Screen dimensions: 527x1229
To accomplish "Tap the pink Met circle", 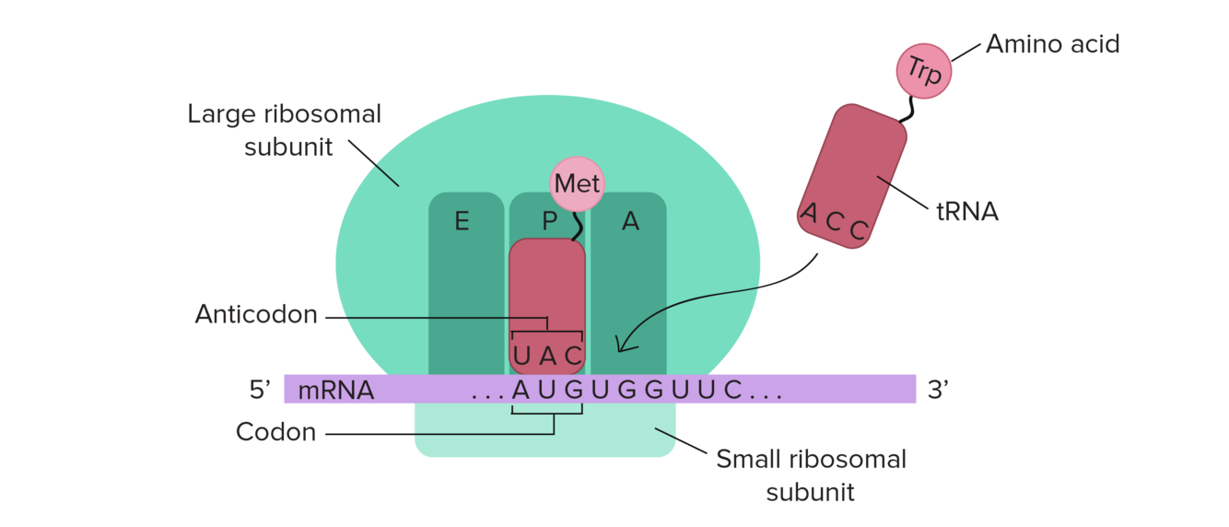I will point(578,184).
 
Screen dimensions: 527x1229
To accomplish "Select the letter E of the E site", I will point(461,221).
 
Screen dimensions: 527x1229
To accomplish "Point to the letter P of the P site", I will point(549,221).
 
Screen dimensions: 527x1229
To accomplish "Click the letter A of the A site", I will point(630,221).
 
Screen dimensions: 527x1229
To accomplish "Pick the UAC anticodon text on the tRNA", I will point(548,355).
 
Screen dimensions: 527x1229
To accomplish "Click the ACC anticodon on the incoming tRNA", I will point(834,222).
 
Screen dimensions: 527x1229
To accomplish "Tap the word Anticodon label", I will point(256,315).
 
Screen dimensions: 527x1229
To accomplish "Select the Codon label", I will point(275,431).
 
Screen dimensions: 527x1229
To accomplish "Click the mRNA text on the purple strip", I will point(335,390).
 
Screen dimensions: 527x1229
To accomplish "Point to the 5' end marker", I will point(258,390).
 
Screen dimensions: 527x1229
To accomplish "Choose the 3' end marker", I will point(938,390).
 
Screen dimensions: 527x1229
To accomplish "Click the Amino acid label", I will point(1052,43).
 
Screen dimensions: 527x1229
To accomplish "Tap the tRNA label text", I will point(967,212).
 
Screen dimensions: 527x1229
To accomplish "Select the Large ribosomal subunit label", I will point(284,130).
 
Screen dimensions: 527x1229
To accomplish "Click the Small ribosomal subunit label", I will point(811,474).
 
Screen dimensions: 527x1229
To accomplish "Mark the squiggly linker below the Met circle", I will point(578,226).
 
